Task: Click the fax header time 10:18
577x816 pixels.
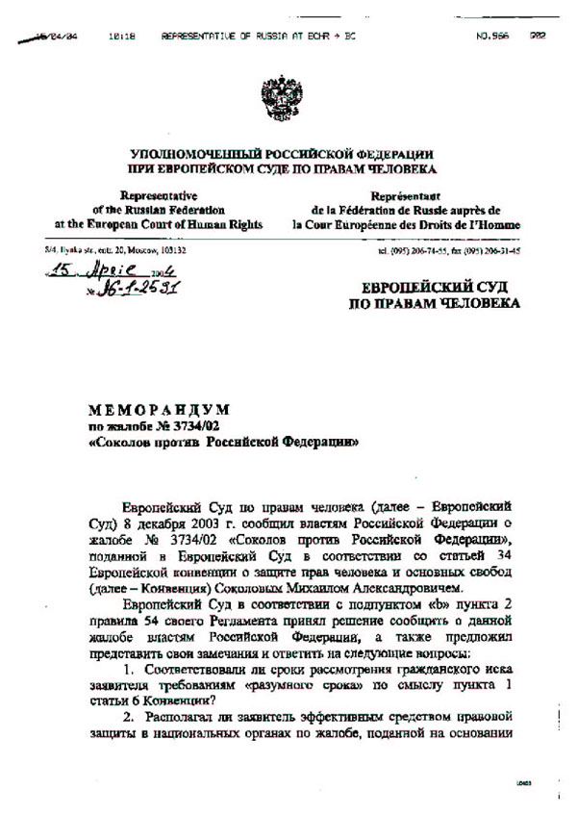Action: pos(121,36)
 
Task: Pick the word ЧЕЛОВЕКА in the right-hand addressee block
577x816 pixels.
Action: pos(473,304)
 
